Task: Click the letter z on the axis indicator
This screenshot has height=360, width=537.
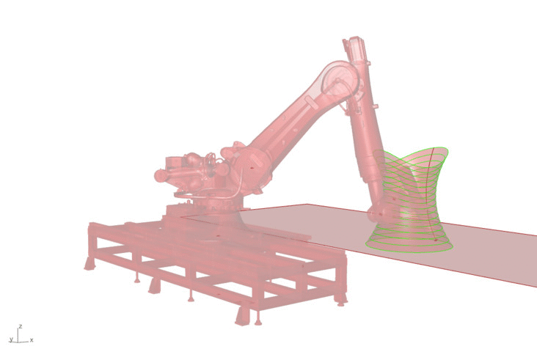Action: (21, 326)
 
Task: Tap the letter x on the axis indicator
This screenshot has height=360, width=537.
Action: (32, 339)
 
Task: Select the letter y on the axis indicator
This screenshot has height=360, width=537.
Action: (11, 339)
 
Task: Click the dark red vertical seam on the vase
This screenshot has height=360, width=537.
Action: (432, 195)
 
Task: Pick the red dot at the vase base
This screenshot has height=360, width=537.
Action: (436, 240)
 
